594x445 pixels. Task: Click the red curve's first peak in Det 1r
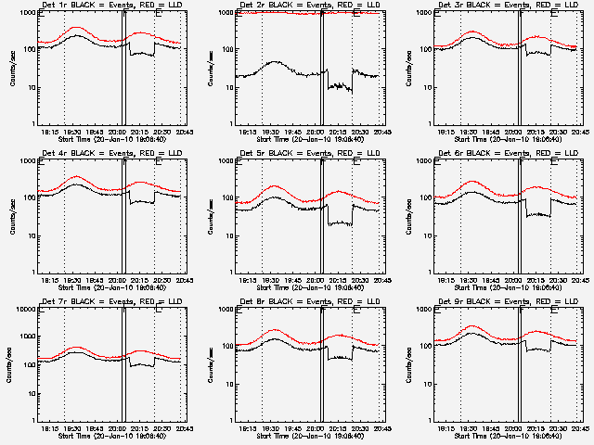[76, 29]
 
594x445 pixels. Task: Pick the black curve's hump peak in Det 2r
[276, 62]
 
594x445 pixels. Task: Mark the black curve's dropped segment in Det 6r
[537, 215]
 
